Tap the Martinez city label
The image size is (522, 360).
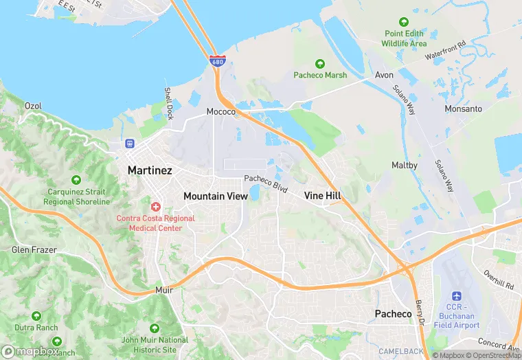tap(150, 170)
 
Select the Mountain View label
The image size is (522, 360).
tap(216, 196)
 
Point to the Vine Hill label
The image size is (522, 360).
tap(323, 196)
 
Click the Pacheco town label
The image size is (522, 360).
tap(393, 314)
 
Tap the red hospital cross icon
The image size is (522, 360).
tap(156, 206)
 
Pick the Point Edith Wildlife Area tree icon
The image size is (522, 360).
tap(405, 21)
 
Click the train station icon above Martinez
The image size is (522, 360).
tap(129, 144)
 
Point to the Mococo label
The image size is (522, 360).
tap(221, 111)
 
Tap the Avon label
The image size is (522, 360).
tap(384, 75)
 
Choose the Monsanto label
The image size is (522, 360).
tap(463, 109)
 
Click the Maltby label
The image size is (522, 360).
tap(405, 165)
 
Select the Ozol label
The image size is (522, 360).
tap(33, 106)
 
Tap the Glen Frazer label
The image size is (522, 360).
tap(34, 250)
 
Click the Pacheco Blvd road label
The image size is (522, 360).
tap(265, 183)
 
